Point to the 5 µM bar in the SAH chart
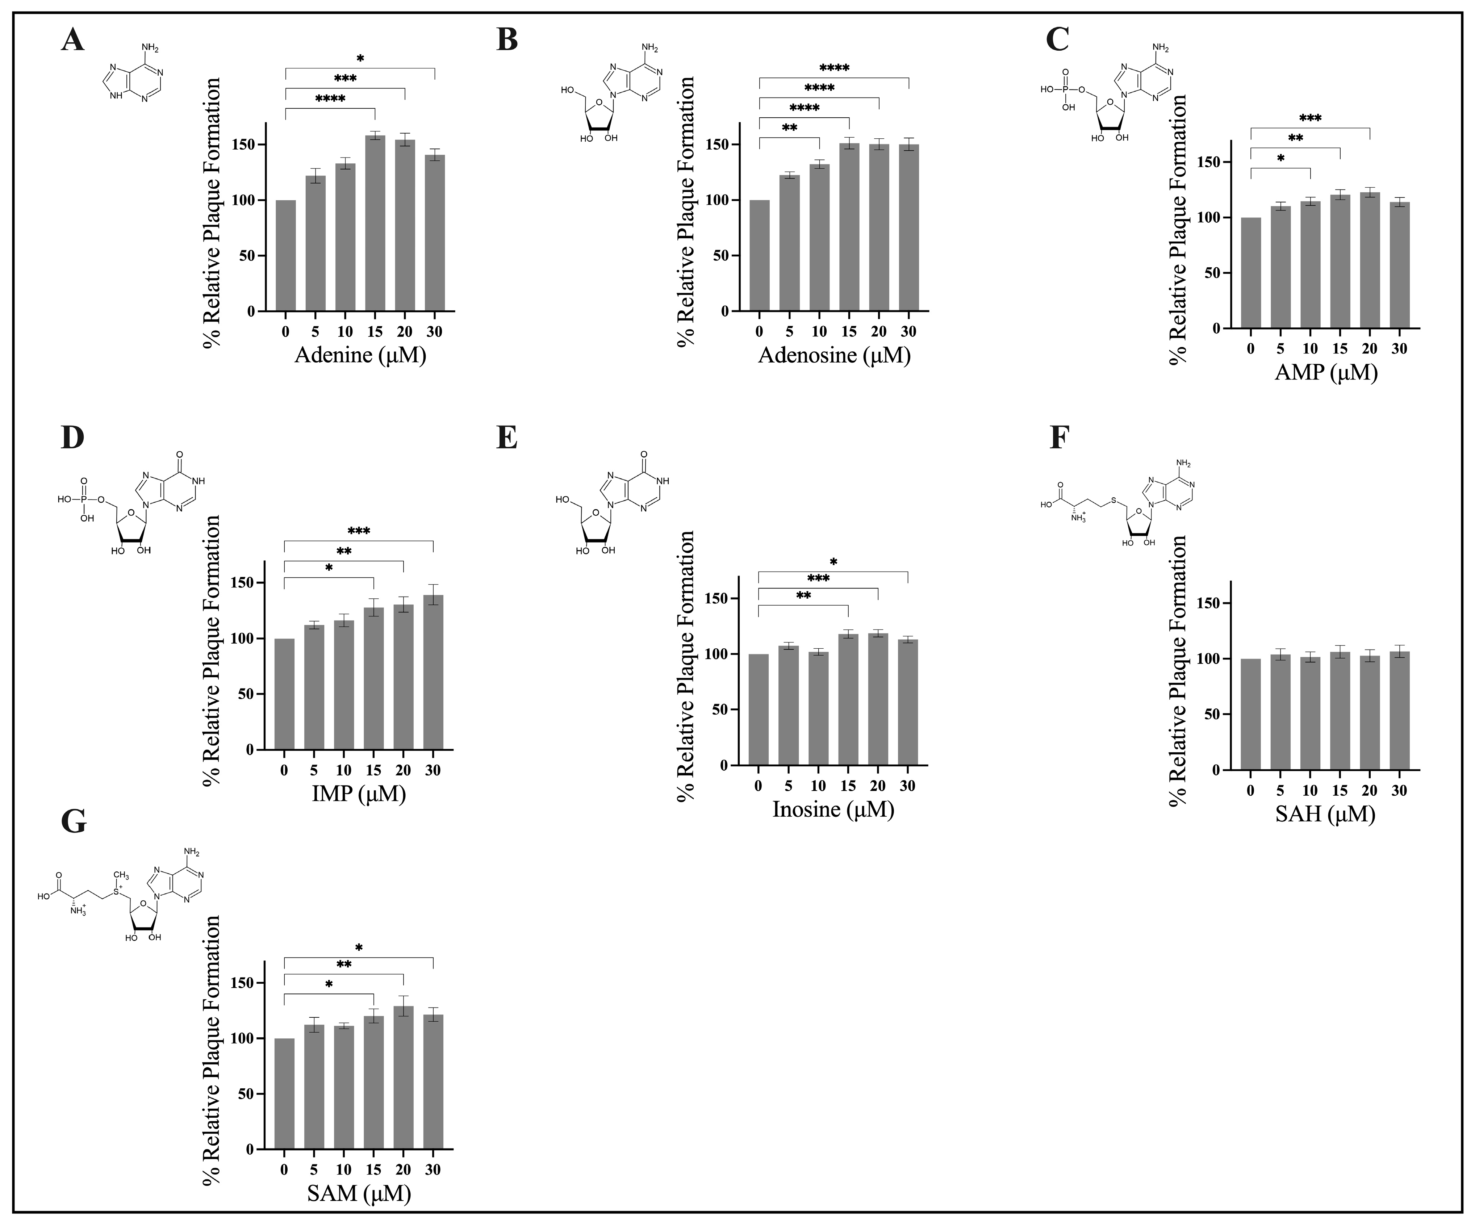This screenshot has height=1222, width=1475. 1280,712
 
